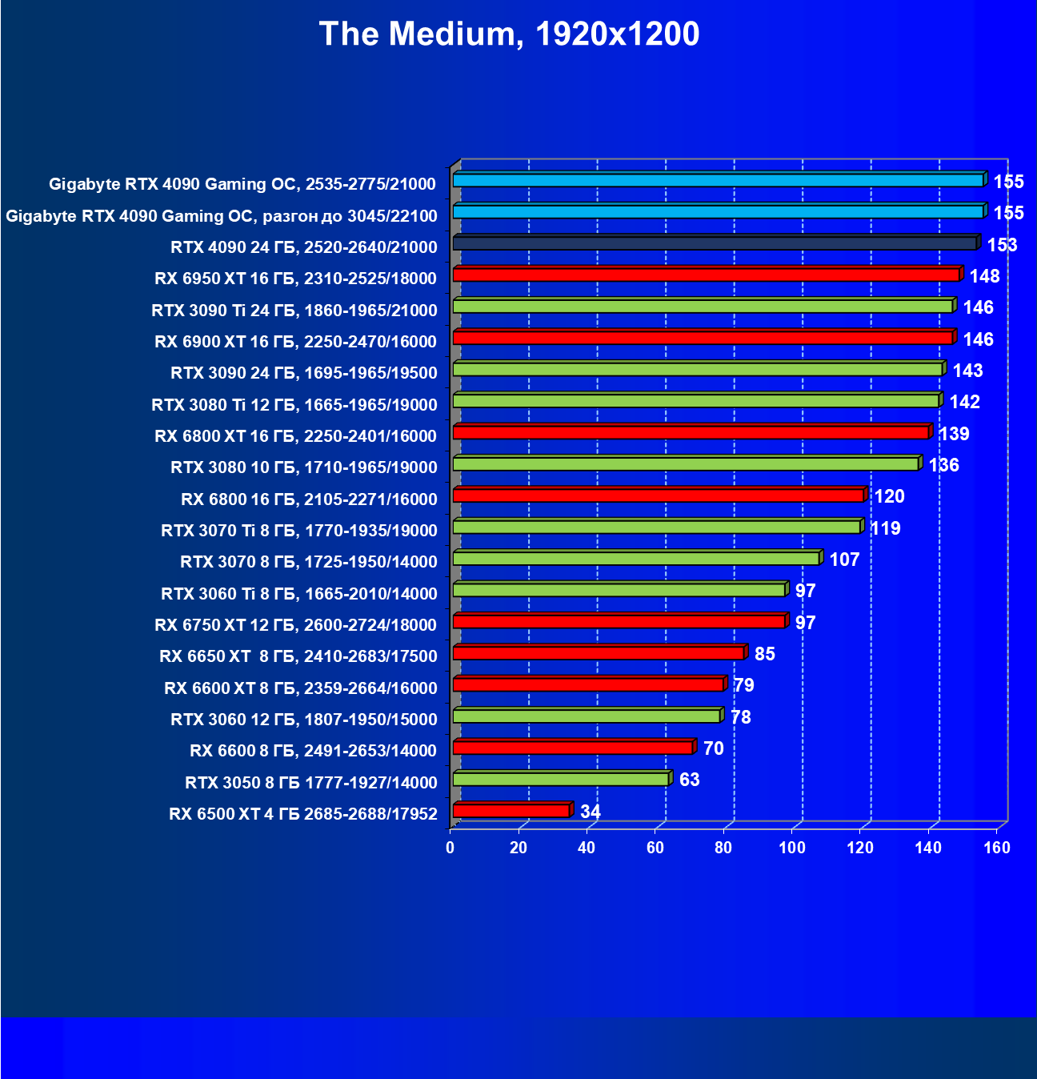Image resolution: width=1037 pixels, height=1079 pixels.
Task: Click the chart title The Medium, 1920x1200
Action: click(509, 34)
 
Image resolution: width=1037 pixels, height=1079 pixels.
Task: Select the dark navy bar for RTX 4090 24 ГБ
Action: click(715, 243)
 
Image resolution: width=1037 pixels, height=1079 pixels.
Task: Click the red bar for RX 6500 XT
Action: click(511, 811)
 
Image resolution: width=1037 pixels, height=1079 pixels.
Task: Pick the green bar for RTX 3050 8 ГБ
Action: click(561, 779)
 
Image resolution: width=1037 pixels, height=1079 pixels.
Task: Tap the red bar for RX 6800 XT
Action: click(691, 433)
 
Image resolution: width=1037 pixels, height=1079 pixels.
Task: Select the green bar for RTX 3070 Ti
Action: click(656, 527)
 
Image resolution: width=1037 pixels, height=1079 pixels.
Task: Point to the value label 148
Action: click(984, 276)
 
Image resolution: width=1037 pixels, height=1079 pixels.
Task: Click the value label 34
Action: click(591, 812)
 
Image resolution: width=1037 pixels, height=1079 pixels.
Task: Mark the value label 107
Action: click(844, 560)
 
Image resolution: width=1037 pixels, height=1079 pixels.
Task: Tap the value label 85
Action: click(765, 654)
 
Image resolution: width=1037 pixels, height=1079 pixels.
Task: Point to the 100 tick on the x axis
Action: click(792, 848)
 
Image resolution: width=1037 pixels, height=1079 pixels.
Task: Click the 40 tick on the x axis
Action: click(587, 848)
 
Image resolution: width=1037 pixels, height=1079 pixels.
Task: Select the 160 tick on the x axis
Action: click(997, 848)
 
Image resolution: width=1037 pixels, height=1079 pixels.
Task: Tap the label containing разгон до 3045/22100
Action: click(222, 216)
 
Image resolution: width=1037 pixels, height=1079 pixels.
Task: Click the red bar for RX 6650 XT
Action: click(599, 653)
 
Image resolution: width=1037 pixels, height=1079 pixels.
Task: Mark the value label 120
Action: click(889, 496)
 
